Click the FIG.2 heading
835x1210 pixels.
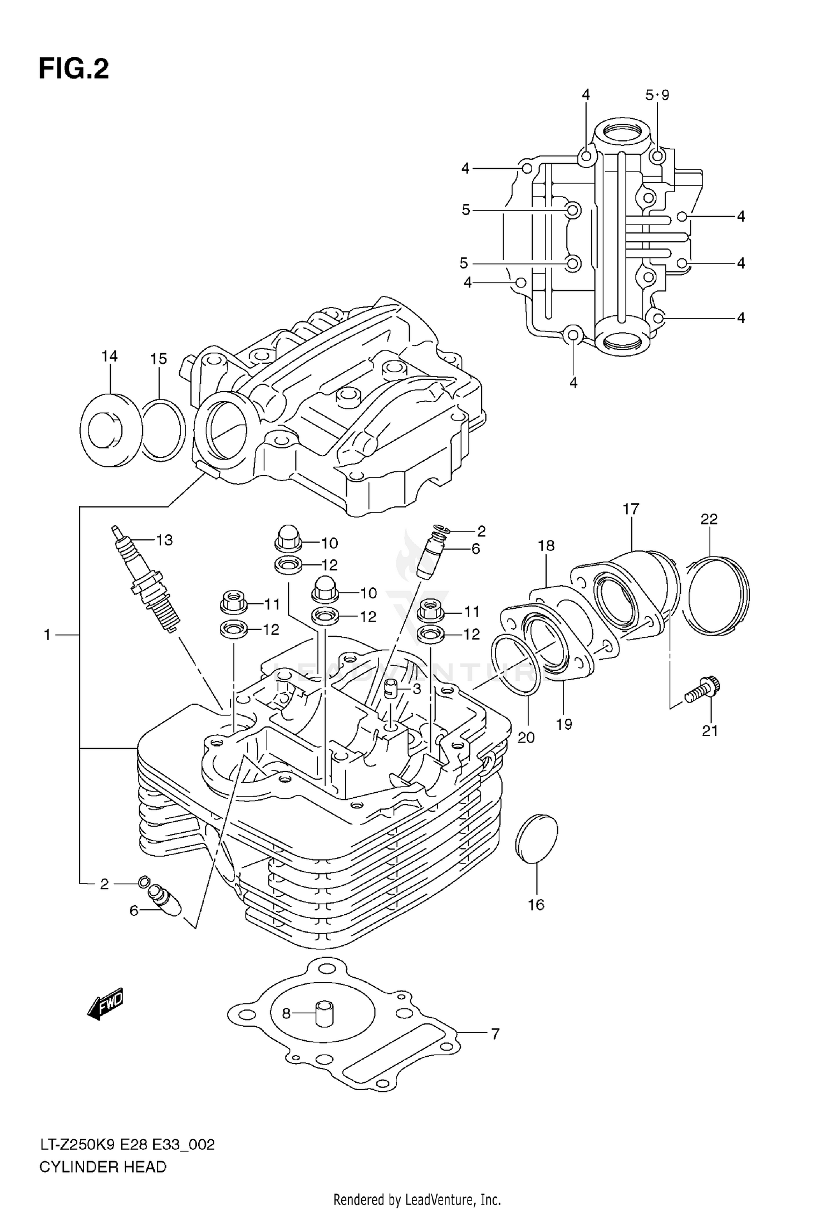(73, 69)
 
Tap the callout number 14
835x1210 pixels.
(110, 356)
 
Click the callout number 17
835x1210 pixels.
(631, 509)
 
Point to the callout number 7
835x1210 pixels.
(495, 1034)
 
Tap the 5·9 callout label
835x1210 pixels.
(657, 95)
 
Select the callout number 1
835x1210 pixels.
(47, 635)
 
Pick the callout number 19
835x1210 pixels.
(564, 724)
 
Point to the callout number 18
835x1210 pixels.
(546, 545)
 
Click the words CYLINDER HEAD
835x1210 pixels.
(102, 1167)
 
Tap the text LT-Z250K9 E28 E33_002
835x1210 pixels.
(127, 1145)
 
